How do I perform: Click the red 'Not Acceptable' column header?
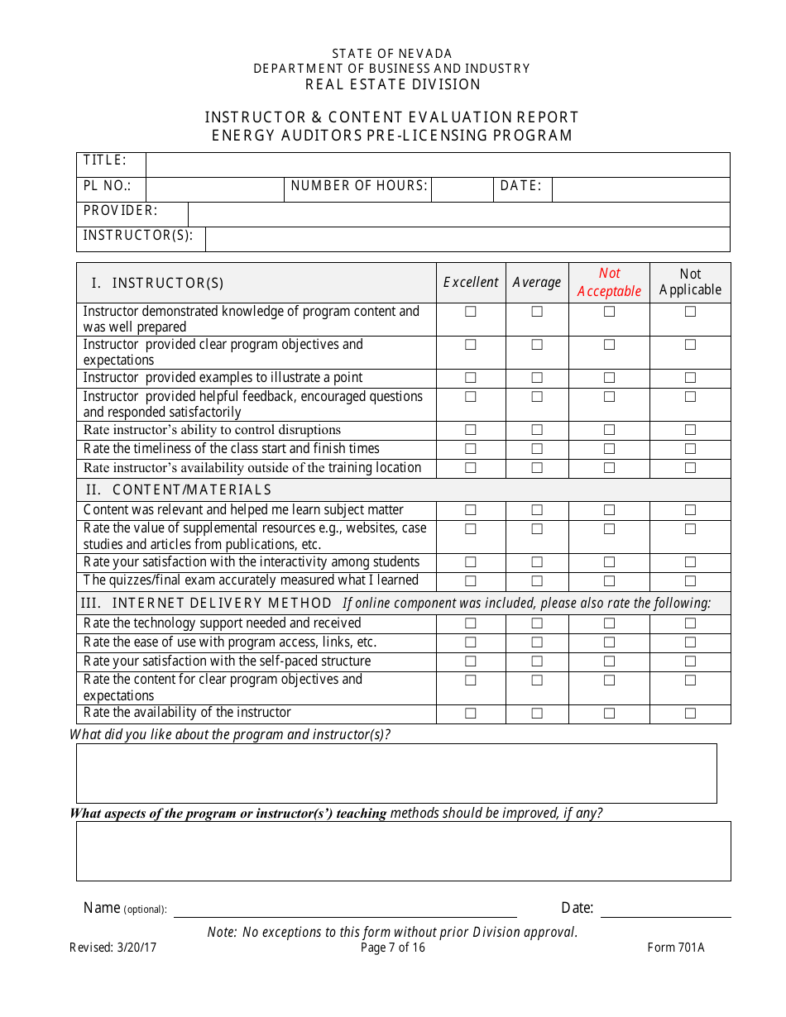pos(609,282)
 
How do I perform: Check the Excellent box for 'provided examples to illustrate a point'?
pos(471,378)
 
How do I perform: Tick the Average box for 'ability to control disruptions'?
pos(537,430)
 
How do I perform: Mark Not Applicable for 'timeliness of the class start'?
pos(690,449)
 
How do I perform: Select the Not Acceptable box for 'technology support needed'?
pos(609,623)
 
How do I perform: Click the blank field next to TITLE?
pos(438,165)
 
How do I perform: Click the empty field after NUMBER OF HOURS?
pos(462,189)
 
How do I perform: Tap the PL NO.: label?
pos(108,186)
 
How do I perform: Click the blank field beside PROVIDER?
pos(459,214)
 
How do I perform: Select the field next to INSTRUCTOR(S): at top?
pos(467,239)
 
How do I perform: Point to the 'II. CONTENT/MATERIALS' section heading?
pos(179,489)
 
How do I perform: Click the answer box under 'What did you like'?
pos(396,773)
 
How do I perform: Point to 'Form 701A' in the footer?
pos(675,948)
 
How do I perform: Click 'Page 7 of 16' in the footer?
pos(393,948)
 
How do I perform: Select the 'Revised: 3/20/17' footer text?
pos(113,948)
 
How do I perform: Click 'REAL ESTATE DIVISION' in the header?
pos(393,84)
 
